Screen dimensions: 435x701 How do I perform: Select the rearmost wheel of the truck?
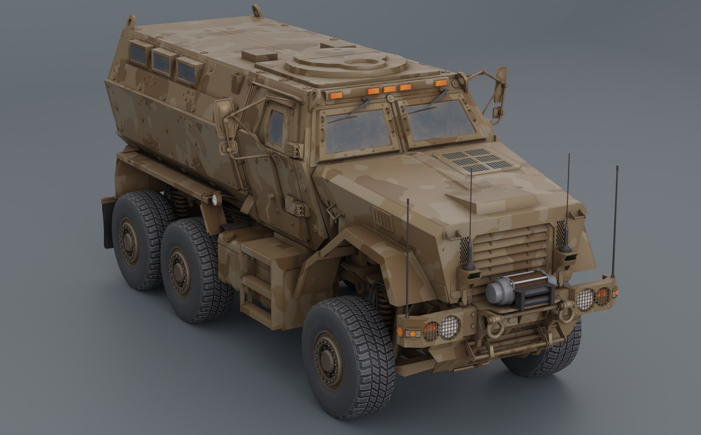(x=139, y=240)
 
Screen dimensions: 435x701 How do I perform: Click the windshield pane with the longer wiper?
(x=439, y=119)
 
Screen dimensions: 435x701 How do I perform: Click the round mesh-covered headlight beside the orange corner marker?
(x=448, y=327)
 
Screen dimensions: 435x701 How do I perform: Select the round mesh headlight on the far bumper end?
(x=585, y=299)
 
